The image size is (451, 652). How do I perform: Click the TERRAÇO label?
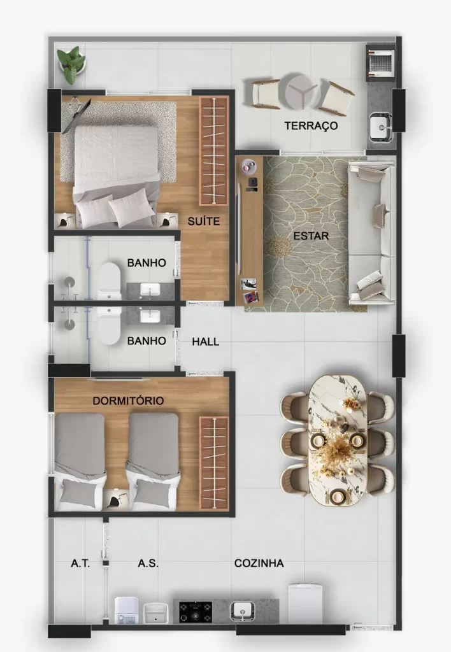[311, 125]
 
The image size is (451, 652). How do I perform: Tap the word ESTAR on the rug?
[311, 236]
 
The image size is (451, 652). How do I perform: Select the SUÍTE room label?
[203, 221]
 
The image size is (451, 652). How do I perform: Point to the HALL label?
[206, 342]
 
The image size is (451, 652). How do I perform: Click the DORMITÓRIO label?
[128, 401]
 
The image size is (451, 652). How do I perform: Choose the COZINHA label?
[259, 563]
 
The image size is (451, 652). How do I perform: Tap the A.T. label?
[80, 563]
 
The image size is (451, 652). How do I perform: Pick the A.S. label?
[148, 563]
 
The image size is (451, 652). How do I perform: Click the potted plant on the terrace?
[72, 64]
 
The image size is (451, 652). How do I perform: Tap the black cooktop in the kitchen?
[196, 612]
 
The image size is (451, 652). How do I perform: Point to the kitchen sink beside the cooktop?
[243, 611]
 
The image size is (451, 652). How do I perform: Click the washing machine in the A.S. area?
[127, 610]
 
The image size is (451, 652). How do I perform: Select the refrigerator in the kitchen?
[305, 604]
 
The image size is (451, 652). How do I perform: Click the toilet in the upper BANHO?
[109, 281]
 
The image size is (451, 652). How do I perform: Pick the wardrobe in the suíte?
[214, 151]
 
